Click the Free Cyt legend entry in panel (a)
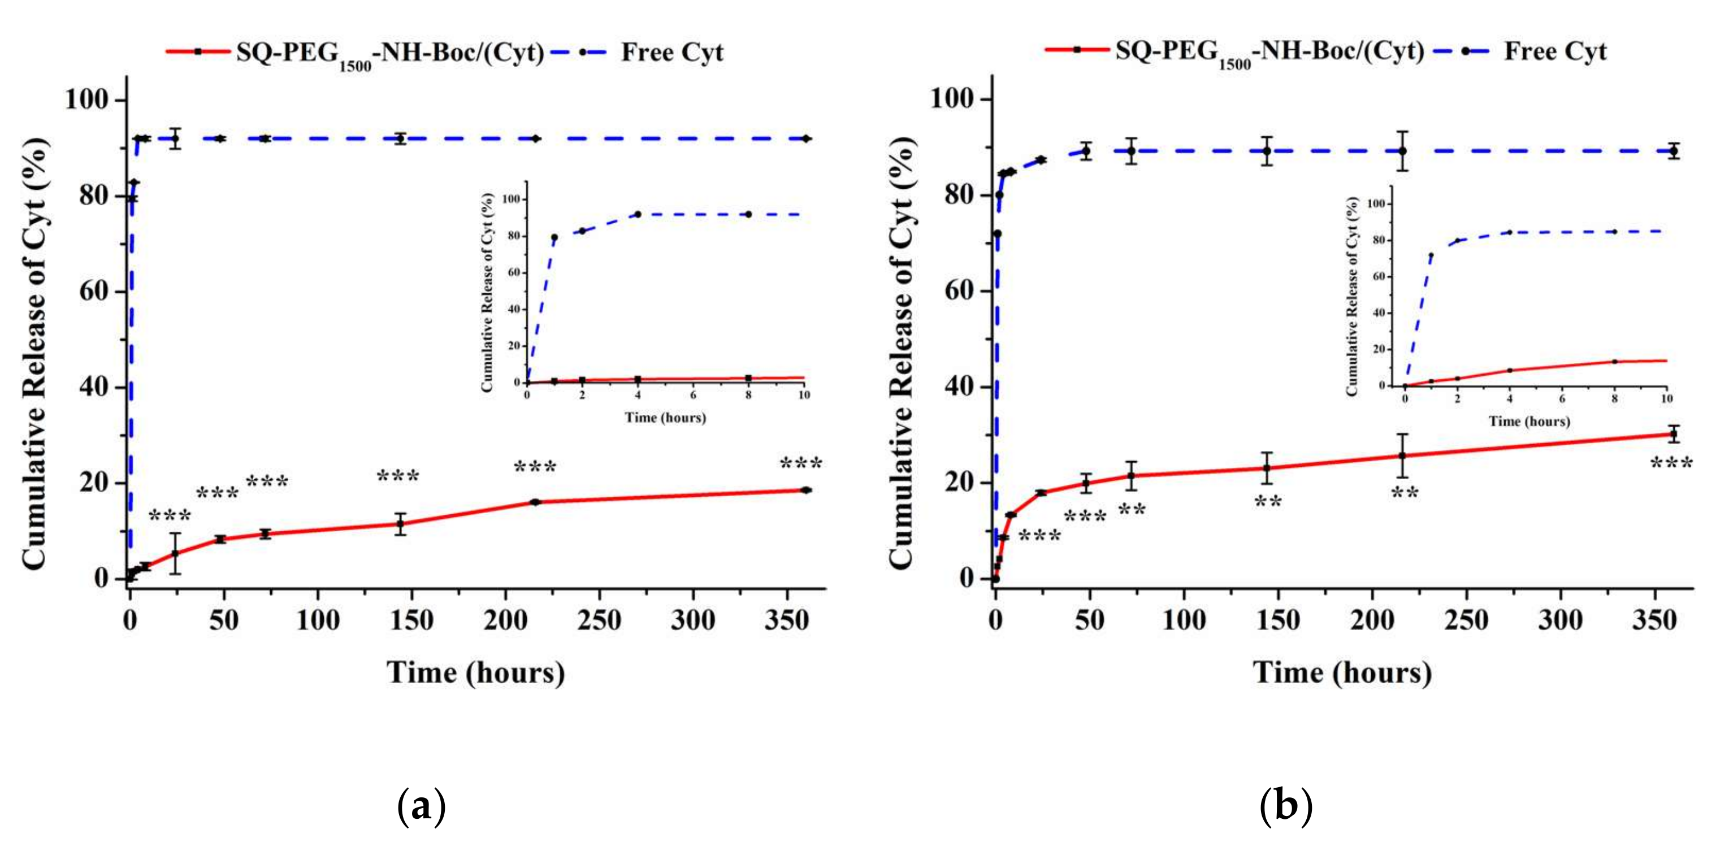pos(671,52)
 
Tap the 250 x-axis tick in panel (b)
pos(1466,620)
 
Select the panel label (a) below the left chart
pos(421,806)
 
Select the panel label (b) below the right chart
pos(1286,806)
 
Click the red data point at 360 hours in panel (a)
pos(806,490)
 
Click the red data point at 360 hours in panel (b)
pos(1672,434)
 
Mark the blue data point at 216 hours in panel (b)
pos(1402,151)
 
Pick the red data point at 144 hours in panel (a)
pos(400,524)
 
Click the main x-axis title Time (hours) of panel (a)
pos(476,672)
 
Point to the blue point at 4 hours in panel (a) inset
pos(638,214)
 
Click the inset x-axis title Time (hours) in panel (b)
pos(1529,422)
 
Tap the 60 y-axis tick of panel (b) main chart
pos(959,291)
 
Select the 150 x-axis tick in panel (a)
pos(411,620)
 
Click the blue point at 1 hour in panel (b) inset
pos(1431,255)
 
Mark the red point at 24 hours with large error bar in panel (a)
pos(175,553)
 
